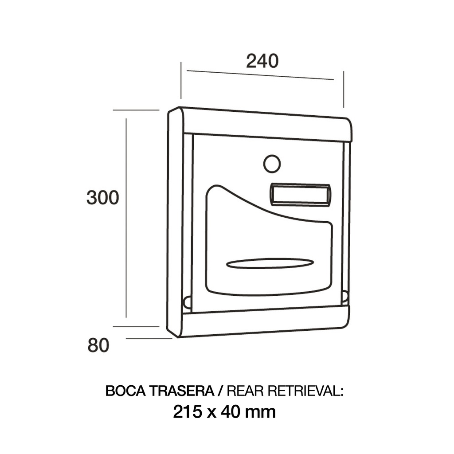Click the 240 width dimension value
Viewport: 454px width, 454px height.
pyautogui.click(x=262, y=61)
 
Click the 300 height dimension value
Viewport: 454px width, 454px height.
pyautogui.click(x=103, y=198)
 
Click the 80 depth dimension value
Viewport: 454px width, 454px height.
pyautogui.click(x=98, y=345)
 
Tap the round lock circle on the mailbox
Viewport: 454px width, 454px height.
pyautogui.click(x=272, y=164)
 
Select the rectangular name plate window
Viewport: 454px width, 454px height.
pyautogui.click(x=300, y=195)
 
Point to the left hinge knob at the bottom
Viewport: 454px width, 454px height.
pyautogui.click(x=187, y=303)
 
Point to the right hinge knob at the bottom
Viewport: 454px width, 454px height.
pyautogui.click(x=344, y=296)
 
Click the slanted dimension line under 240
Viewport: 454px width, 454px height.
pyautogui.click(x=260, y=75)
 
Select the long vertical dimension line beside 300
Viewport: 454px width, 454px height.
pyautogui.click(x=126, y=217)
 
